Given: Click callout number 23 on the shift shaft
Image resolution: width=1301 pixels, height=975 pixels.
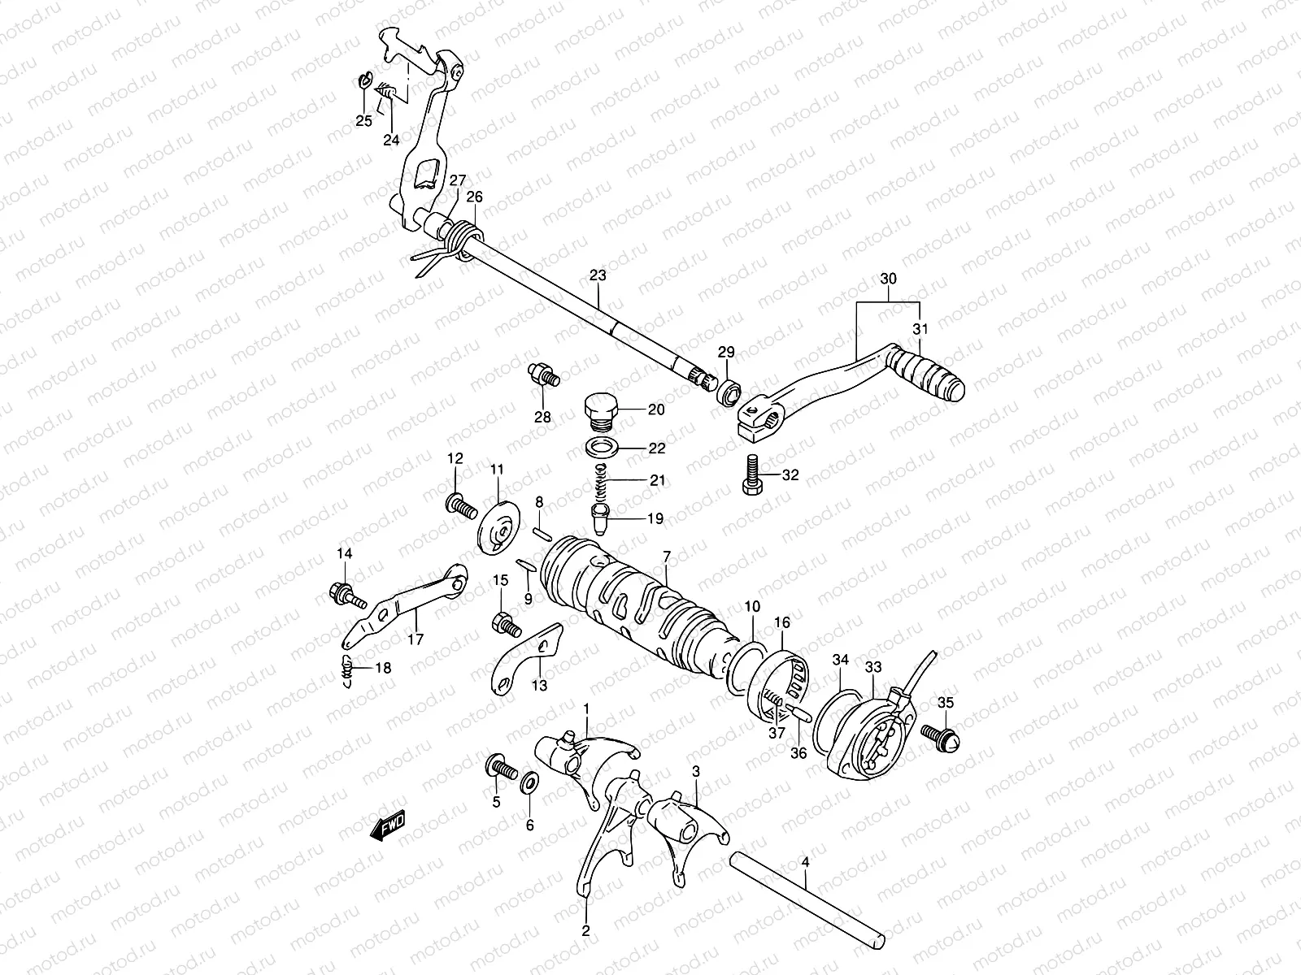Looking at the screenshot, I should (598, 276).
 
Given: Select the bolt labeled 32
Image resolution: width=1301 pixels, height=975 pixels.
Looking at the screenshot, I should (751, 476).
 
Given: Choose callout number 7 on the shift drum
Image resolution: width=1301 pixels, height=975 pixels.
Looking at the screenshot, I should (666, 557).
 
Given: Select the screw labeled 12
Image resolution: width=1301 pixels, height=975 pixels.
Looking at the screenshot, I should (459, 507).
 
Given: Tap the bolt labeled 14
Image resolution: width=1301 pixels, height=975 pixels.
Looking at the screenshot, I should (345, 592).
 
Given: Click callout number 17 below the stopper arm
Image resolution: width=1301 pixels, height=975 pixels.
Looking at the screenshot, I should (416, 639).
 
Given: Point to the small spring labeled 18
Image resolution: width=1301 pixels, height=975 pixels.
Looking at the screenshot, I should (347, 668).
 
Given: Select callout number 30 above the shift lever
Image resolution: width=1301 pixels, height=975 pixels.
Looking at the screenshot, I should (888, 279).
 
